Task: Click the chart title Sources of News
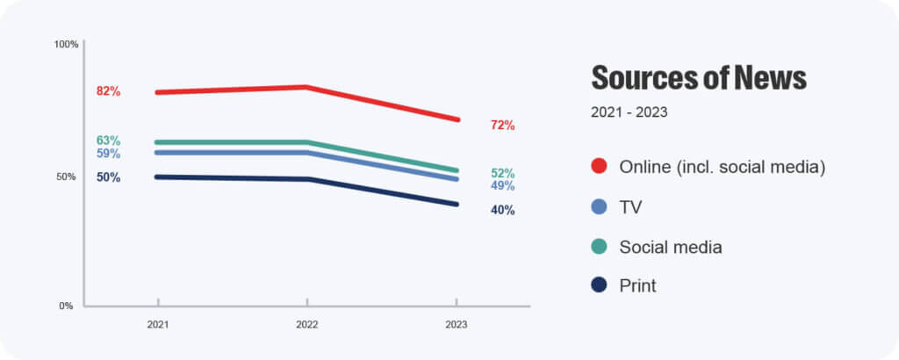(698, 78)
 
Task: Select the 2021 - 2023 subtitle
(629, 112)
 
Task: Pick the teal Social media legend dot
(600, 248)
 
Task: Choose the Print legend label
(637, 286)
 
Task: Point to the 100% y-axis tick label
(67, 44)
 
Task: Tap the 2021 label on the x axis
(158, 325)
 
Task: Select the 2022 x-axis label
(306, 325)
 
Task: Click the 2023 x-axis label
(456, 325)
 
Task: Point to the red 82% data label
(109, 91)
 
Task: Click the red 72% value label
(502, 126)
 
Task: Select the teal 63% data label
(109, 140)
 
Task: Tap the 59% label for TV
(109, 154)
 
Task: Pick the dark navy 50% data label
(109, 177)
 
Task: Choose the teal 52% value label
(502, 173)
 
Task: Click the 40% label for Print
(502, 210)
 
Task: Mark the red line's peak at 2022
(306, 87)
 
